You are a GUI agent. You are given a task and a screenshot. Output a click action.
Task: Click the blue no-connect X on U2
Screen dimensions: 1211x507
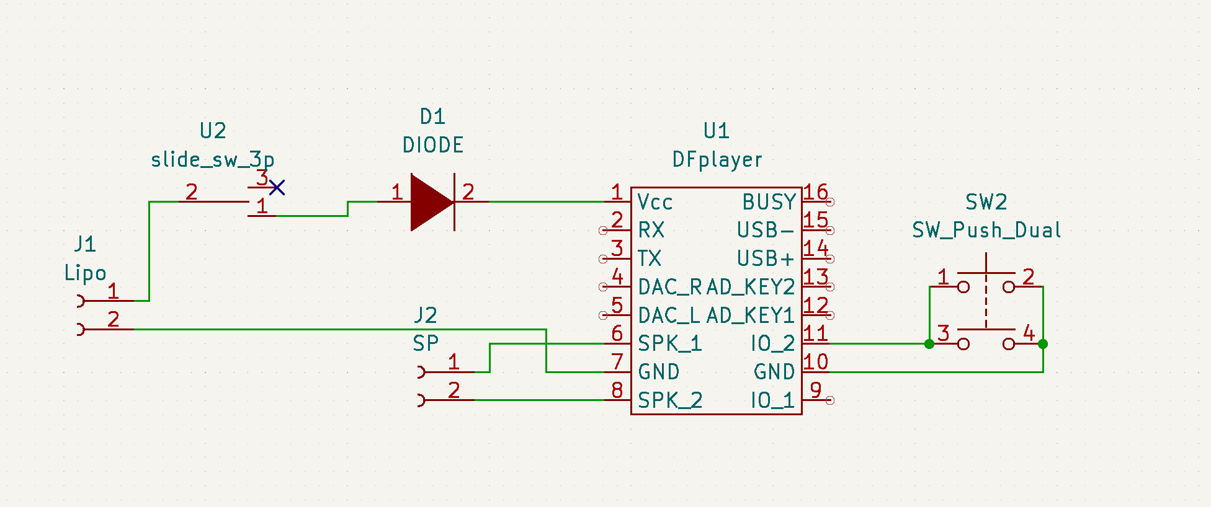pos(277,187)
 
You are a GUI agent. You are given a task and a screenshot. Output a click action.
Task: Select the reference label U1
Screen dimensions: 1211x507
pos(717,131)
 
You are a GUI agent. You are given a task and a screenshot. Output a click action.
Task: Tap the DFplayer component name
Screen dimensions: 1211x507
pos(717,160)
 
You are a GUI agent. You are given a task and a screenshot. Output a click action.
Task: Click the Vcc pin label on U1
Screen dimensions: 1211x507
pos(655,202)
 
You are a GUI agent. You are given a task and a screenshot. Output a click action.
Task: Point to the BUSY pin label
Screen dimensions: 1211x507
pos(769,202)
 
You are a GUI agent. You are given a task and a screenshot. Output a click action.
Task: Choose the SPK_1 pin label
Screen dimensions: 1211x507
pos(670,343)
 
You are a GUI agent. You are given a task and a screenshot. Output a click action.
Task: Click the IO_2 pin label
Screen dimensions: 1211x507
pos(773,343)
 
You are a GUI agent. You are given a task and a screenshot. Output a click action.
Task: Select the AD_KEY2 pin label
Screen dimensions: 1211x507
pos(751,287)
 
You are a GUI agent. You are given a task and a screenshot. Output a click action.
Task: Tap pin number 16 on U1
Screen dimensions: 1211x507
pos(816,192)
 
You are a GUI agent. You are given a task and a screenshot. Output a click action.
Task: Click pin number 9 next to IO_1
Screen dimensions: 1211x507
pos(816,390)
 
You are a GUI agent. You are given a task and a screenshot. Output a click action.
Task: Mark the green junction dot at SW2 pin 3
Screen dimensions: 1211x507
pos(929,344)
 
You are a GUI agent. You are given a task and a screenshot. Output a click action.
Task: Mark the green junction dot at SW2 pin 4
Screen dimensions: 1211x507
pos(1043,344)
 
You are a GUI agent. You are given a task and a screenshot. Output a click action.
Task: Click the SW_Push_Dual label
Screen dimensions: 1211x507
pos(986,231)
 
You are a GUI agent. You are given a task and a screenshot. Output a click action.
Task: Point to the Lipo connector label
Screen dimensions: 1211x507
pos(85,273)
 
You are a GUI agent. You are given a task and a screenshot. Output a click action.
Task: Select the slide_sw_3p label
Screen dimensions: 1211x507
pos(213,160)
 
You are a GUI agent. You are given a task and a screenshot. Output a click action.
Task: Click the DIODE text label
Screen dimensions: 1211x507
pos(433,145)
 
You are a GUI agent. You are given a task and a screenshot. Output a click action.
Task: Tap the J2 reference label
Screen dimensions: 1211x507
pos(426,315)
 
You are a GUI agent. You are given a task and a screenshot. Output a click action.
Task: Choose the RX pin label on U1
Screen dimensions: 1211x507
pos(651,231)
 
